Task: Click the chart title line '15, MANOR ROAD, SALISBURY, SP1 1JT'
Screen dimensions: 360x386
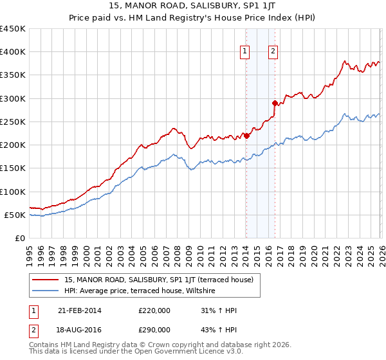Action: pos(193,6)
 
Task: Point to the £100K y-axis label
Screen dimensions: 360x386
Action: pos(13,192)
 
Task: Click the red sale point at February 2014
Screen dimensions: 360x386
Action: pos(246,136)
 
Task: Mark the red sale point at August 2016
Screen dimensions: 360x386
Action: pos(275,103)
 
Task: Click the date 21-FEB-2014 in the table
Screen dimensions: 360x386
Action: pos(79,310)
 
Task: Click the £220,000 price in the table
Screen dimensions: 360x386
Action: pos(154,310)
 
